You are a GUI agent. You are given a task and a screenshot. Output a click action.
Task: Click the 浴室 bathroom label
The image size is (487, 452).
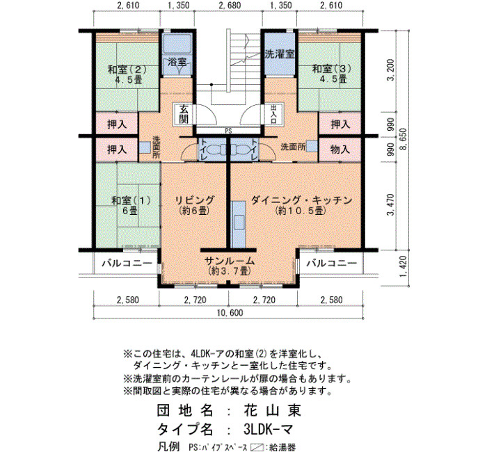click(177, 62)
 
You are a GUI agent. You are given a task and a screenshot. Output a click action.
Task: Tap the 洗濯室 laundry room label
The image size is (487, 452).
click(280, 54)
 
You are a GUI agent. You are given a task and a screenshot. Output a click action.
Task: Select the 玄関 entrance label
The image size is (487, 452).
click(184, 114)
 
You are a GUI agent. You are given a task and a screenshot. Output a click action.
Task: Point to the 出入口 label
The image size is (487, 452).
click(273, 114)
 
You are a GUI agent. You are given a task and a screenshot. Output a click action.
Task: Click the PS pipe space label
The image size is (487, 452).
click(228, 131)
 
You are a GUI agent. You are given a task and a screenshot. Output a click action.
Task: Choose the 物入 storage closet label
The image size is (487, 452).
click(340, 150)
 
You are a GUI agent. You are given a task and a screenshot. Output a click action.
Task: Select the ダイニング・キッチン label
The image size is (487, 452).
click(301, 200)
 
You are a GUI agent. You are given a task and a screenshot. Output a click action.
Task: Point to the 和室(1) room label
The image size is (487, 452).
click(131, 200)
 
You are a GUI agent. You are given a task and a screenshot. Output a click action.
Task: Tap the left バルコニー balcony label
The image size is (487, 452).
click(127, 264)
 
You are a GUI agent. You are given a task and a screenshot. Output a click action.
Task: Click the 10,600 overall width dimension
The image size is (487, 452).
click(230, 313)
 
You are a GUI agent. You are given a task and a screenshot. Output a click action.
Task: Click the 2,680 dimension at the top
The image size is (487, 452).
click(230, 6)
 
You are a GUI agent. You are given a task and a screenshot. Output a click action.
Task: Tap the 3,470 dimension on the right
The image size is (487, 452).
click(391, 204)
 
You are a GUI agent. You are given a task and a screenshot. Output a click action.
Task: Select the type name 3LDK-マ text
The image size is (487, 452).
click(268, 430)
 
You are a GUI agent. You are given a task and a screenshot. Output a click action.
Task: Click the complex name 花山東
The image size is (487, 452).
click(273, 410)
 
